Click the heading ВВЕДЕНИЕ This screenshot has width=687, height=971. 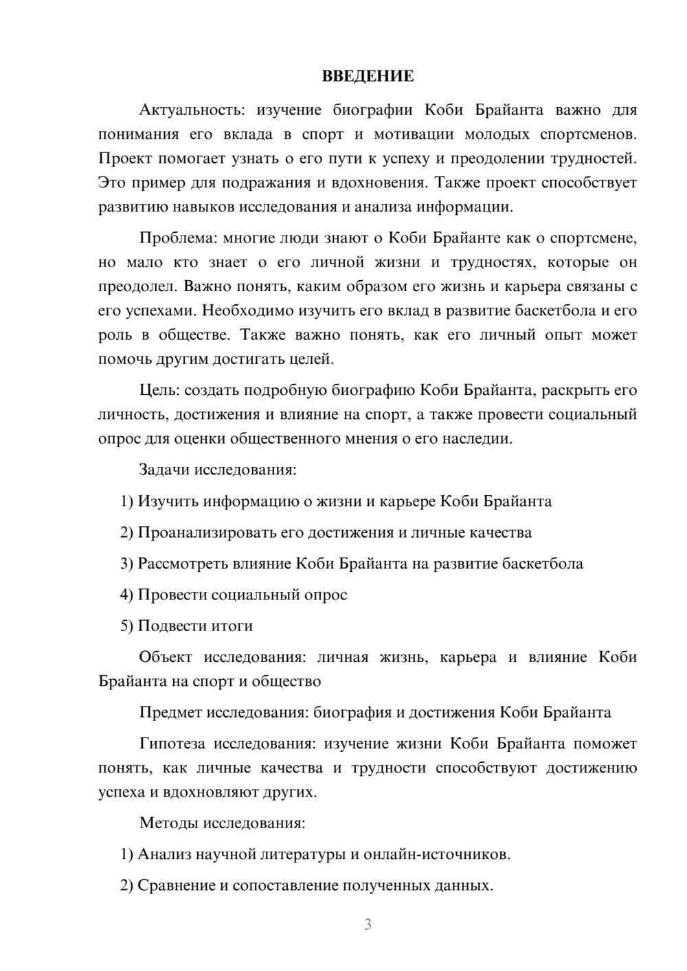[368, 76]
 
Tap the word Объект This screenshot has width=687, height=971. [166, 657]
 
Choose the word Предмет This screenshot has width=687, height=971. [170, 712]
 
